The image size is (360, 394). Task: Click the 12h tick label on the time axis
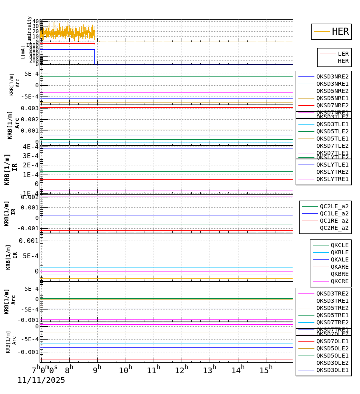coord(182,370)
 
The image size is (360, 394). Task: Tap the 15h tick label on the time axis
coord(266,370)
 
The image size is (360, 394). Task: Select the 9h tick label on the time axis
coord(97,370)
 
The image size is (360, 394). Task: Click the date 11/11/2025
coord(41,380)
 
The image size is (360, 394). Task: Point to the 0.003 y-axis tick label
coord(30,108)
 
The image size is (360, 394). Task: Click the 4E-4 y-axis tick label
coord(30,147)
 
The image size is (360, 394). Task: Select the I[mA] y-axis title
coord(23,53)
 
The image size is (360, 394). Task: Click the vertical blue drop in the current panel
coord(95,56)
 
